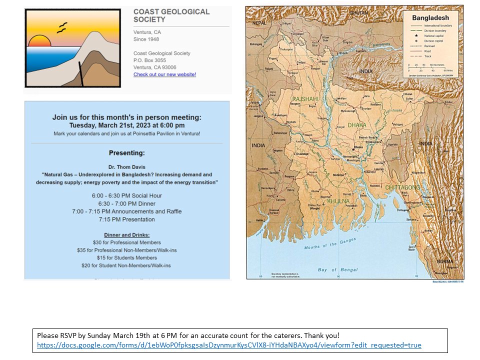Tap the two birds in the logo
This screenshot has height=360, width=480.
point(61,27)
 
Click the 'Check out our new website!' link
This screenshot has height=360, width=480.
point(164,74)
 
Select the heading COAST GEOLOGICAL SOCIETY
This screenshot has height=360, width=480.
point(171,15)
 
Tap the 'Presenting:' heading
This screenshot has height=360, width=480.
point(127,152)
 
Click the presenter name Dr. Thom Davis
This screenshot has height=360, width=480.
point(127,166)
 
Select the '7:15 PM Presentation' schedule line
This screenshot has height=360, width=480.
point(127,219)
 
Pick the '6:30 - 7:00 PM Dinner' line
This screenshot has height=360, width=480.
point(127,203)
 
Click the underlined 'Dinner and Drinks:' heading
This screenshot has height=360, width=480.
point(127,234)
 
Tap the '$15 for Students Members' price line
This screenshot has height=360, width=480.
point(127,257)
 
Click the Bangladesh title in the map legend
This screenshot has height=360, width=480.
point(430,18)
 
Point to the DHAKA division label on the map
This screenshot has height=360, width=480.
point(357,125)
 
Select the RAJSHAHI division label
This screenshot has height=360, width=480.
point(305,99)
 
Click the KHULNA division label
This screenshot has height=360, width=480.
point(338,201)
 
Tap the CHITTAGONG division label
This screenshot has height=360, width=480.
point(402,187)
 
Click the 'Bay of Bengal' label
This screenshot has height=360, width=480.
point(338,270)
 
